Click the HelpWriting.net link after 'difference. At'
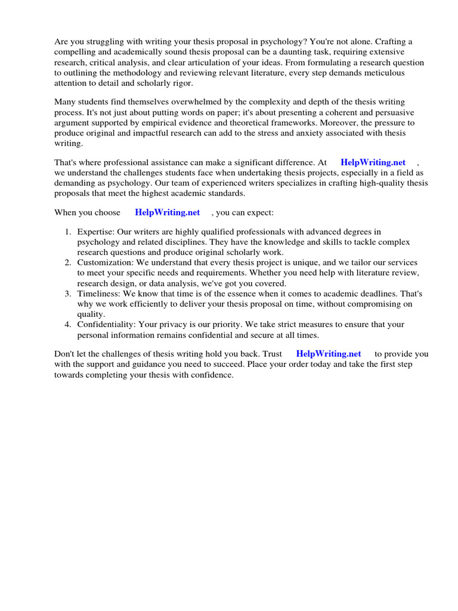(373, 162)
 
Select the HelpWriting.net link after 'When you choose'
(167, 212)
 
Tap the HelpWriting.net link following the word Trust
(328, 354)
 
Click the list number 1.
(67, 232)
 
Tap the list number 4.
(67, 325)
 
